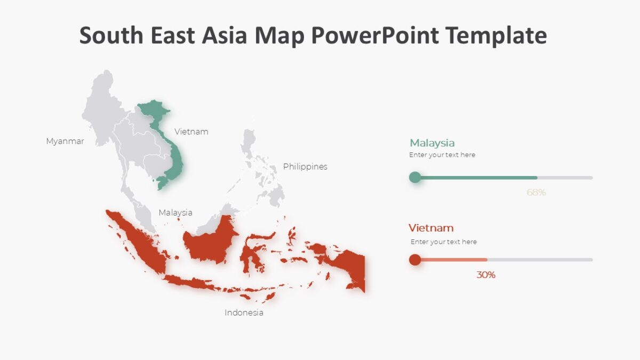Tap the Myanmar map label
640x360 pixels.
[65, 141]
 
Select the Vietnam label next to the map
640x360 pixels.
[191, 131]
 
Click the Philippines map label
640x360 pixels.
[305, 166]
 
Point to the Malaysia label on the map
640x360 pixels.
[175, 212]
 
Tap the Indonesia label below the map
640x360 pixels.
[244, 313]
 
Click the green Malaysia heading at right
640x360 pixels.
[432, 143]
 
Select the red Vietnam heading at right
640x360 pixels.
[431, 228]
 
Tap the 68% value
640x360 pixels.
[536, 193]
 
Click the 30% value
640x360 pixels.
[486, 275]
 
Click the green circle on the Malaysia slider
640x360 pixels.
[415, 177]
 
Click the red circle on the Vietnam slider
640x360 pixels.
[415, 260]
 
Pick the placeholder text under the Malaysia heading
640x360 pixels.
[442, 155]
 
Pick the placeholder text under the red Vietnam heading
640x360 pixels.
[443, 242]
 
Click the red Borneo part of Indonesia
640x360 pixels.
[210, 243]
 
